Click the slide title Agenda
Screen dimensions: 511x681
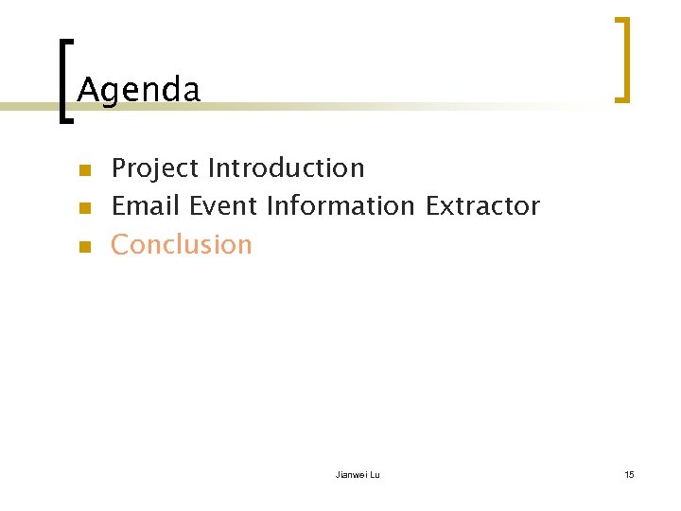[138, 91]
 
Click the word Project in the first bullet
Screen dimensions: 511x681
[155, 168]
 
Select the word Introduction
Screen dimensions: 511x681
[286, 168]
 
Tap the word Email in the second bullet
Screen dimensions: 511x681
[146, 205]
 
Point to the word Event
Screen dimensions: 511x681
[223, 205]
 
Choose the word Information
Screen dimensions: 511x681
[340, 205]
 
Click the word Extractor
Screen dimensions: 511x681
[482, 205]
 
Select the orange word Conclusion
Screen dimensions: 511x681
[182, 244]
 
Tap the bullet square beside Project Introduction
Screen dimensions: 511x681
[83, 171]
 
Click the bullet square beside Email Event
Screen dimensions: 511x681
[83, 208]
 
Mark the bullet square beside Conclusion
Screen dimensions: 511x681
[83, 247]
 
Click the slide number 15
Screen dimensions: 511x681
[629, 474]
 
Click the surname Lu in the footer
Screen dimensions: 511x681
[375, 474]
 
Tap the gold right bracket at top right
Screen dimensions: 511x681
[621, 59]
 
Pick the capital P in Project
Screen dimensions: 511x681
[119, 168]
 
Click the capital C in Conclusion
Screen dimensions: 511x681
[120, 244]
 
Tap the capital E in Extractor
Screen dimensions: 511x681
[432, 205]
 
